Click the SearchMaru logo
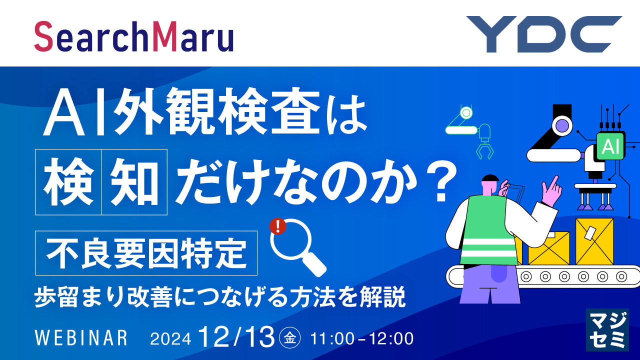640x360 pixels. (x=134, y=36)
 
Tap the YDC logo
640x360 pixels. (x=544, y=34)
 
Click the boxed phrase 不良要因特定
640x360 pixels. (x=146, y=252)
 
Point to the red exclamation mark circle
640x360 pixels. (x=277, y=226)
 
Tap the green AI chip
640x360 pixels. (x=610, y=146)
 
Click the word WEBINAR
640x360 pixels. (x=81, y=338)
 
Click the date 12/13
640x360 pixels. (x=236, y=336)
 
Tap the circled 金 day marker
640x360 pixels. (x=289, y=338)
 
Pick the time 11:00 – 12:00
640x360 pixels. (x=362, y=338)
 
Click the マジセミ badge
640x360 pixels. (x=606, y=330)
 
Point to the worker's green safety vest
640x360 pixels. (x=487, y=225)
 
